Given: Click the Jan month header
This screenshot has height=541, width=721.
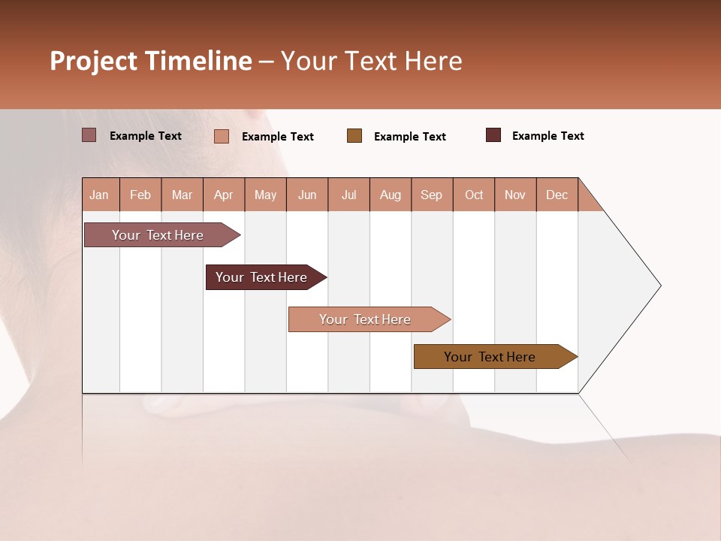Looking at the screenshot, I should click(x=100, y=195).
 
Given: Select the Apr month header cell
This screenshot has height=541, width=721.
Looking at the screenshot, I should click(x=224, y=195).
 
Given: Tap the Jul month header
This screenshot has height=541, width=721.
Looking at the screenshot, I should click(x=348, y=195).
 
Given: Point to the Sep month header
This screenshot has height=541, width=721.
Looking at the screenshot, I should click(x=432, y=195).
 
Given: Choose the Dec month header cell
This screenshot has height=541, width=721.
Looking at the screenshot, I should click(x=557, y=195).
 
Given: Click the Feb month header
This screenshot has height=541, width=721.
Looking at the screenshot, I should click(x=140, y=195).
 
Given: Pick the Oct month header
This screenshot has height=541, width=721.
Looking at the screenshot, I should click(x=474, y=195).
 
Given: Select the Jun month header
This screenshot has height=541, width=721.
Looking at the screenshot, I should click(x=307, y=195).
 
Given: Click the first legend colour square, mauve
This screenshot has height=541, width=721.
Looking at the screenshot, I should click(x=89, y=135).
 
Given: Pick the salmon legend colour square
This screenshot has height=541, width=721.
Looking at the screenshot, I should click(x=222, y=136).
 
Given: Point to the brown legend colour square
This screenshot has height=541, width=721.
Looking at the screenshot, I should click(x=354, y=136).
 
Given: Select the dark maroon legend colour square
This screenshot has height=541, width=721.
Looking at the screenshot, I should click(x=493, y=135).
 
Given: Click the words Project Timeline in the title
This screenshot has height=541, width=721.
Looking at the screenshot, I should click(x=150, y=61).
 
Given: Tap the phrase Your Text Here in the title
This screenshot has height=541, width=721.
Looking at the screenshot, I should click(x=371, y=61).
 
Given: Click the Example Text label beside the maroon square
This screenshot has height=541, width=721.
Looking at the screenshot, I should click(x=548, y=136).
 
